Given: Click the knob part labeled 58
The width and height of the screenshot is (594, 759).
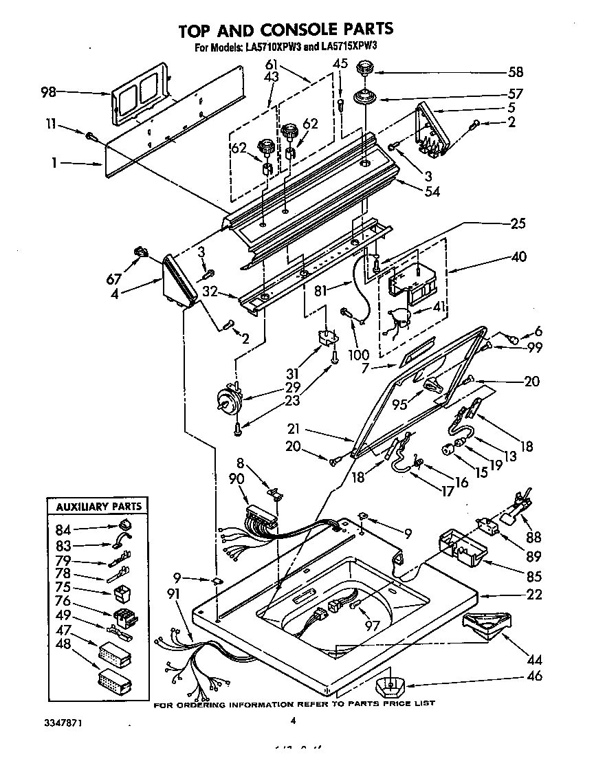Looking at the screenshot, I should [x=364, y=69].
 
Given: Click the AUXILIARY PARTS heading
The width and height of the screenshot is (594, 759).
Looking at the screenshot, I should [x=98, y=507].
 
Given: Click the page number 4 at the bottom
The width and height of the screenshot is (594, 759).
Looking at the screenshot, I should [x=293, y=720].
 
